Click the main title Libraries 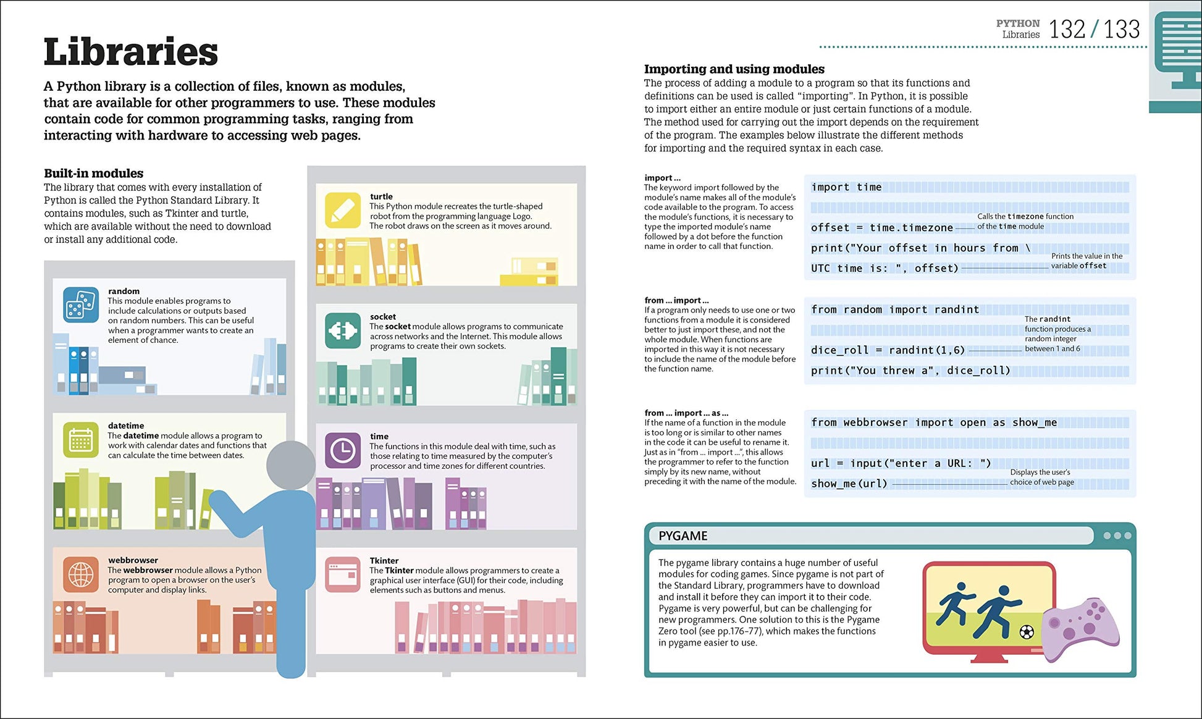point(130,51)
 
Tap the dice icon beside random point(80,305)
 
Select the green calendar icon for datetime point(80,440)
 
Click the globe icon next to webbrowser point(80,574)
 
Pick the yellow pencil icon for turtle point(342,210)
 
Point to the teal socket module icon point(342,331)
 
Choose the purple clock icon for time point(342,450)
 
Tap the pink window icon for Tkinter point(342,574)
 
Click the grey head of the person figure point(291,465)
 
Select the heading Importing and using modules point(734,69)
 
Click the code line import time point(846,187)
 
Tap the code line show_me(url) point(849,484)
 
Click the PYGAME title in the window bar point(683,536)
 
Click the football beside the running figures point(1026,632)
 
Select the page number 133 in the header point(1121,29)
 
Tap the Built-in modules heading point(93,174)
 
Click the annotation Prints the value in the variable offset point(1086,261)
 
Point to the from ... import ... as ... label point(686,413)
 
